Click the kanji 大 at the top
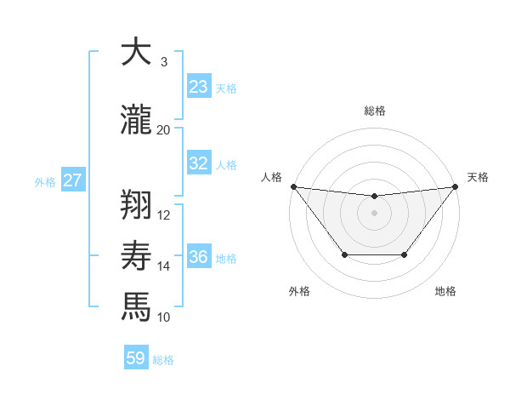tap(136, 52)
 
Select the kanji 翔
tap(136, 203)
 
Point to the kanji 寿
tap(136, 254)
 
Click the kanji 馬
tap(136, 306)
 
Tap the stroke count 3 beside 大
tap(164, 61)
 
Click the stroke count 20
tap(164, 129)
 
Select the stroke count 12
tap(164, 214)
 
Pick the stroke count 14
tap(164, 266)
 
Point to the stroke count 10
tap(164, 317)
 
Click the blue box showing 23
tap(199, 87)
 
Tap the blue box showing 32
tap(199, 163)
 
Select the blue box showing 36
tap(199, 257)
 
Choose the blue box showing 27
tap(73, 180)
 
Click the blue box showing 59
tap(136, 359)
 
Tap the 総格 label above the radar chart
tap(374, 111)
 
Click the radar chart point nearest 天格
tap(456, 186)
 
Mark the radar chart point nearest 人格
tap(293, 186)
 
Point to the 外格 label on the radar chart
tap(299, 291)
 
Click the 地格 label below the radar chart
tap(445, 291)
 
